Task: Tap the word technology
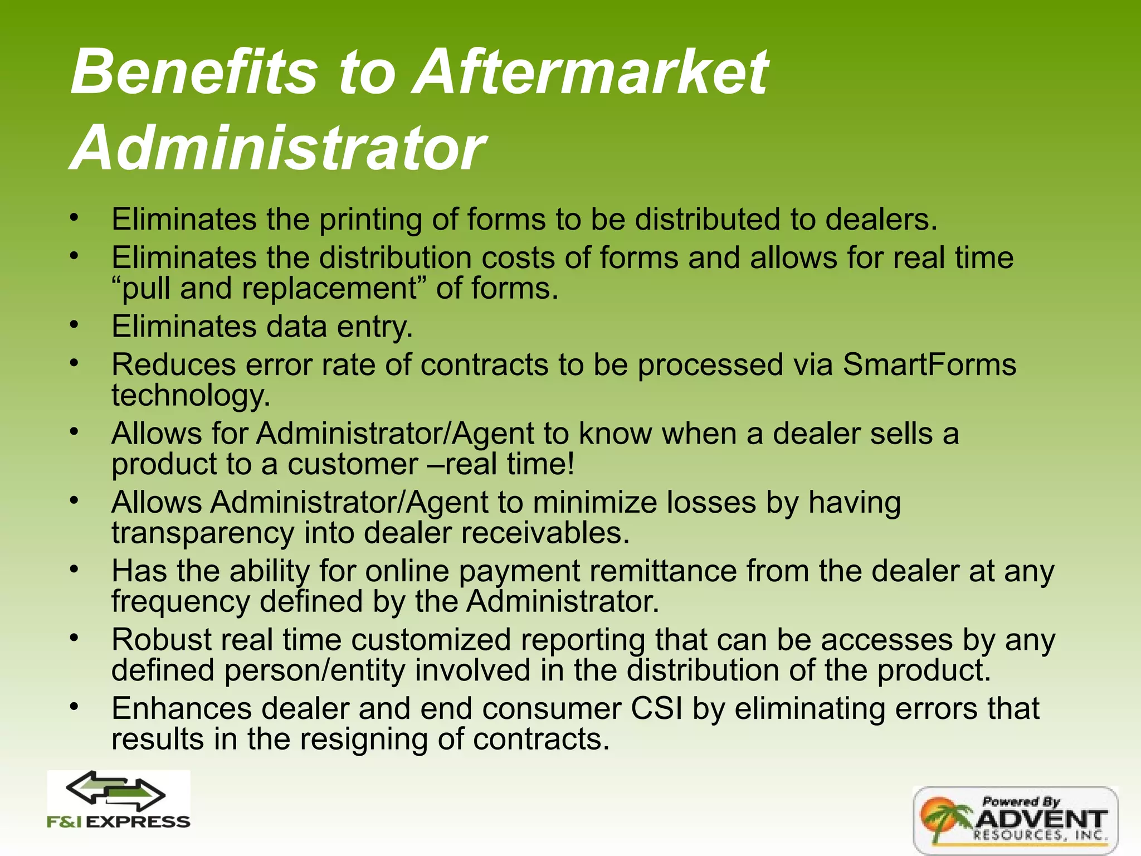tap(191, 396)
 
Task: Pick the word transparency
tap(202, 533)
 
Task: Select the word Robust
tap(162, 640)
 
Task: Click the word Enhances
tap(182, 709)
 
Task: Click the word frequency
tap(181, 602)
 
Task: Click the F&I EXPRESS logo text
tap(119, 822)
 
